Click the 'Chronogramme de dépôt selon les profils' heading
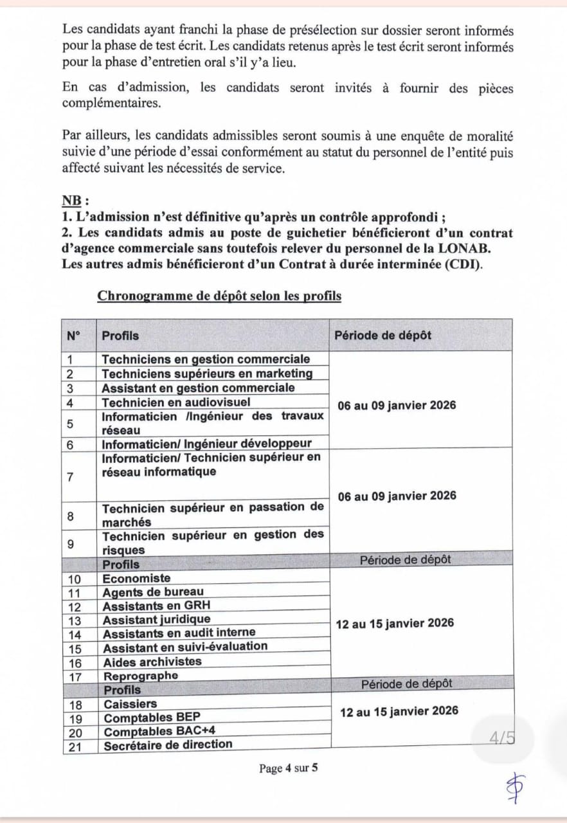coord(219,296)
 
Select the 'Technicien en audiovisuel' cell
coord(176,402)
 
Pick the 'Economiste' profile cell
coord(137,578)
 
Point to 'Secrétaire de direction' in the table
coord(168,745)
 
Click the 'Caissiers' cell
coord(130,704)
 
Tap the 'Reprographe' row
coord(141,676)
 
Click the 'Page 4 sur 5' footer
coord(289,768)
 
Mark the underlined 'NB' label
coord(74,200)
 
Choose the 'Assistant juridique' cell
coord(157,619)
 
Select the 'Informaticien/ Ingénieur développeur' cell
coord(206,443)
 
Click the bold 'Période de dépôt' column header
coord(383,335)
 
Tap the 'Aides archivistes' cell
coord(152,662)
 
